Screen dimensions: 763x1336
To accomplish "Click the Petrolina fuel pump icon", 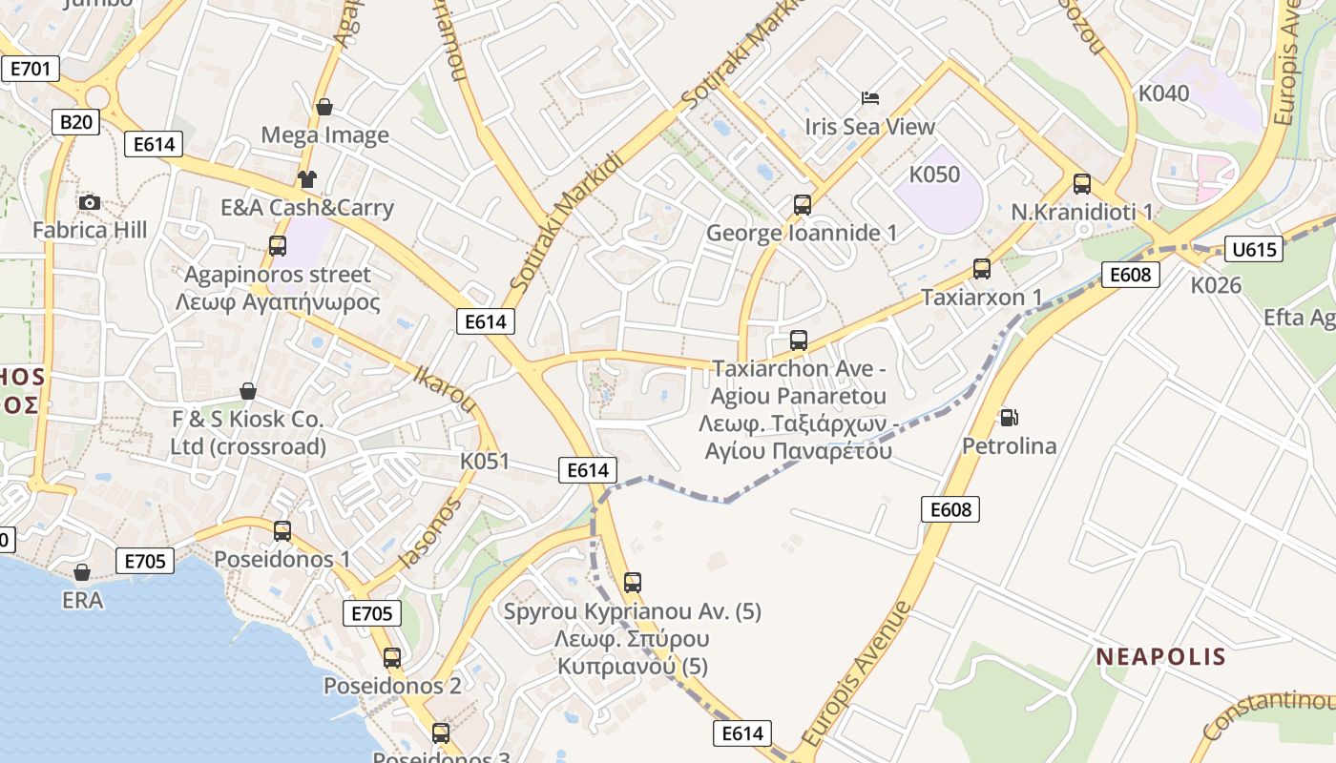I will [x=1009, y=417].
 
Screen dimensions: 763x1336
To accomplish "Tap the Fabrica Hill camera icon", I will [x=90, y=202].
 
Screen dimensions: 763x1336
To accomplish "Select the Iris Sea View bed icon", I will [x=869, y=97].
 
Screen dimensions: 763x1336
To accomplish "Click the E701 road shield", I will [x=30, y=69].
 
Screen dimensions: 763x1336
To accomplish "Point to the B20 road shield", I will [x=76, y=121].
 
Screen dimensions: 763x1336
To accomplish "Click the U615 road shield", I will [x=1254, y=250].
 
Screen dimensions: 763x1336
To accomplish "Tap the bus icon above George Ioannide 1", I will [x=802, y=204].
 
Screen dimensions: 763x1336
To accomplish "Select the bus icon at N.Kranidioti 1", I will [x=1081, y=183].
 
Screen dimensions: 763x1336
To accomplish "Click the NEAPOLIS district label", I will [x=1160, y=656].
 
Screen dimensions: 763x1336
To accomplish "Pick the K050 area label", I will [x=934, y=175].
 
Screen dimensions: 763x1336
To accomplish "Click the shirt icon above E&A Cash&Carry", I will [x=306, y=178].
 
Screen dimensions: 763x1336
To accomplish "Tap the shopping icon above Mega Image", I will [x=324, y=107].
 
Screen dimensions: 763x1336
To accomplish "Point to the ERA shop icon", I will [x=82, y=572].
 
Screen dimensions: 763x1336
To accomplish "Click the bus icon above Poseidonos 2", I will [x=392, y=657].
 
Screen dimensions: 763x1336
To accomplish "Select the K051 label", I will [x=485, y=461].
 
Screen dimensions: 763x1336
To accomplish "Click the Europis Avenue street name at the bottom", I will [x=856, y=674].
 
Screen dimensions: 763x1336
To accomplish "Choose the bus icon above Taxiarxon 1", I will [x=981, y=269].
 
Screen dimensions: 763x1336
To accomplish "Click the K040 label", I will [x=1164, y=93].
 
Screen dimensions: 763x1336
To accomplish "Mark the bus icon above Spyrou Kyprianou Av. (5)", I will [x=632, y=582].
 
